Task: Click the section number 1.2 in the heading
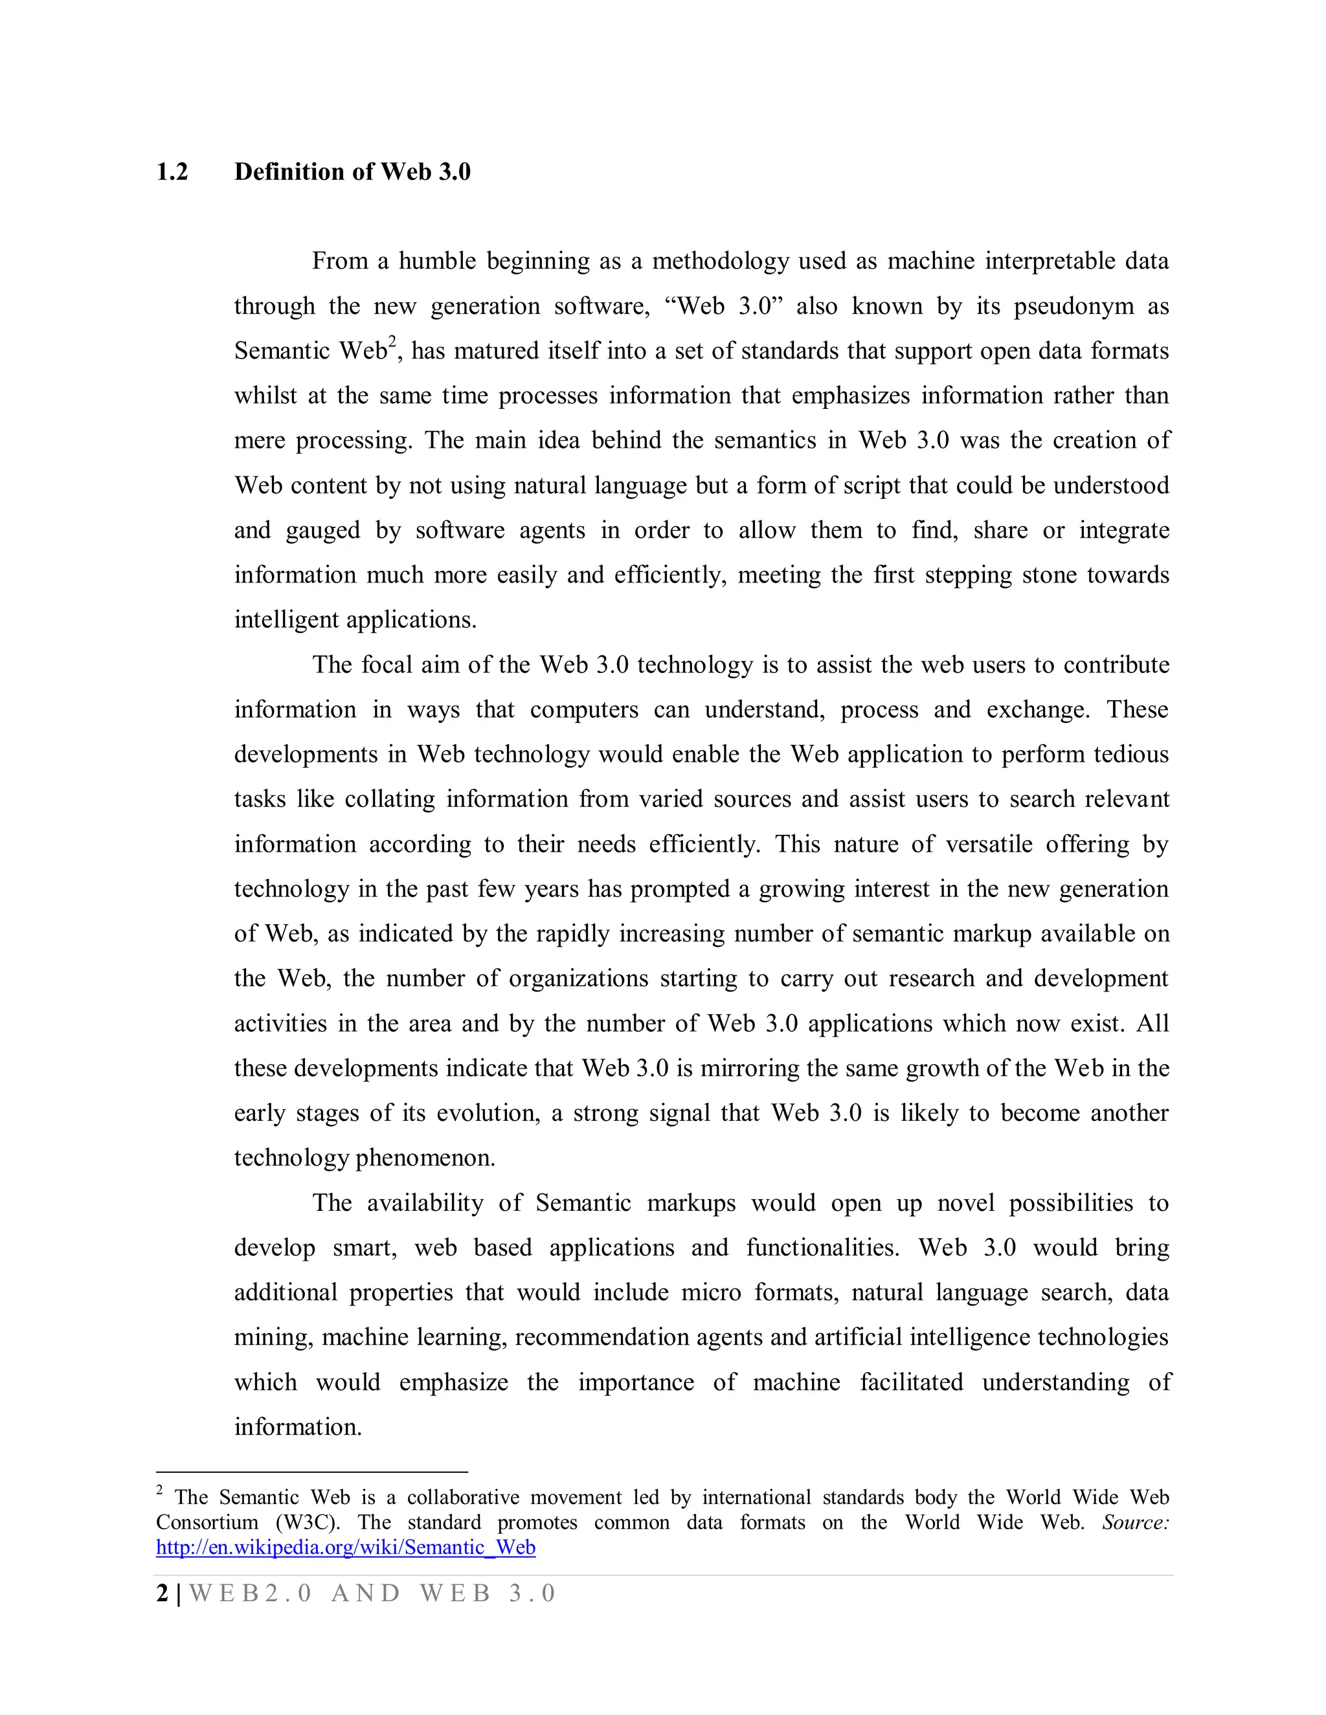(172, 172)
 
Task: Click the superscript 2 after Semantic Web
(392, 342)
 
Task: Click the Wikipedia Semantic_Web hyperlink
(346, 1548)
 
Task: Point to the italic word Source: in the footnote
(1135, 1523)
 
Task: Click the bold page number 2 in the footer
(162, 1593)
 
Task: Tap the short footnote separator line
(312, 1472)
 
